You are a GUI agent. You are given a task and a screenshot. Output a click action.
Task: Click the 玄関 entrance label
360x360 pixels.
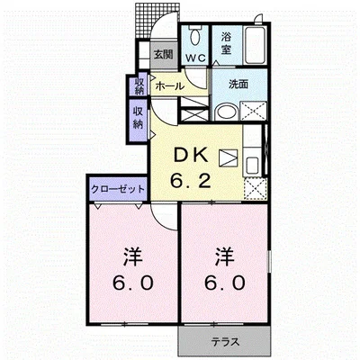(x=164, y=55)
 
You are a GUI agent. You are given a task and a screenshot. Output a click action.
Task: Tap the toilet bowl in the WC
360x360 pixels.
(x=195, y=36)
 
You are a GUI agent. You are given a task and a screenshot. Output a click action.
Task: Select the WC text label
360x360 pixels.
(x=195, y=58)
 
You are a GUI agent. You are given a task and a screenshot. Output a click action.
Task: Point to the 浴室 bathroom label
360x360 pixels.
(x=227, y=44)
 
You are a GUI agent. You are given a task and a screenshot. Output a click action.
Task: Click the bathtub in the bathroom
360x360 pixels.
(x=255, y=45)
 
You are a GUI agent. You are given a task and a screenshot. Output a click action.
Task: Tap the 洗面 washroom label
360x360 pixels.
(x=238, y=85)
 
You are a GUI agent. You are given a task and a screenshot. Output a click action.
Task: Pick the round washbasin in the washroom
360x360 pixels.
(x=226, y=112)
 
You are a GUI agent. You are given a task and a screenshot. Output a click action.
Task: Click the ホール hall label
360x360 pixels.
(x=169, y=86)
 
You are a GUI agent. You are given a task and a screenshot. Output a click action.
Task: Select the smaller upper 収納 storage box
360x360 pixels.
(x=139, y=85)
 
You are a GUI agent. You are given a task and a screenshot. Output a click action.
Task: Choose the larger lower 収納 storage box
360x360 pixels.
(x=138, y=120)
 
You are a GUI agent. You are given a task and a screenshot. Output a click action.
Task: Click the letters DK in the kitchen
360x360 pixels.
(x=190, y=157)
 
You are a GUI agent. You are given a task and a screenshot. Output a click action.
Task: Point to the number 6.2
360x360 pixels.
(x=190, y=181)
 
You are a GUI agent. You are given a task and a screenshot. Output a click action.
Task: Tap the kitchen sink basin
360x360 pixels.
(x=253, y=166)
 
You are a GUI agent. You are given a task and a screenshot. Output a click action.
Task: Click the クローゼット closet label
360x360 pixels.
(x=118, y=189)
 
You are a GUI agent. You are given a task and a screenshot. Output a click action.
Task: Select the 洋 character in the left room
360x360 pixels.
(x=133, y=257)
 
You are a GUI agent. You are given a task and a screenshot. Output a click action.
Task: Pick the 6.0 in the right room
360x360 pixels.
(x=225, y=283)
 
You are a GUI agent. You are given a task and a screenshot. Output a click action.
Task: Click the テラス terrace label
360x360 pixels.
(x=225, y=342)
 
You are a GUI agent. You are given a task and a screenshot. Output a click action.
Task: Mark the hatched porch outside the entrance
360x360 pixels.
(x=147, y=21)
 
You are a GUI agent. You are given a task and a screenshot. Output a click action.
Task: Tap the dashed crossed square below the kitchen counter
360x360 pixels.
(x=256, y=189)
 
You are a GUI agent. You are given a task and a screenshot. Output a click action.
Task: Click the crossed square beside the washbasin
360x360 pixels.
(x=253, y=111)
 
